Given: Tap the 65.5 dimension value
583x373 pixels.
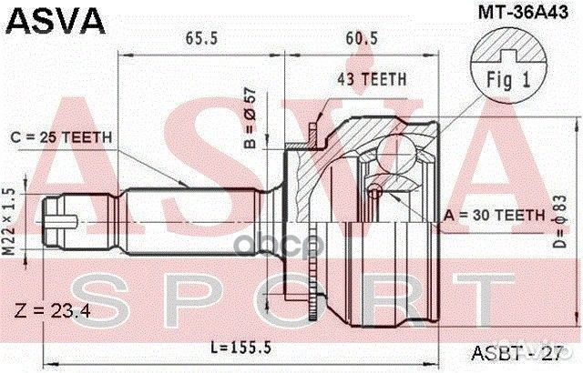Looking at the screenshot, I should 202,40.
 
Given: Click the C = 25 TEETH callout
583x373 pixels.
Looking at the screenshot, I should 62,136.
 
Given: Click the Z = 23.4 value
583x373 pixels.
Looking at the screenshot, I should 52,312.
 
